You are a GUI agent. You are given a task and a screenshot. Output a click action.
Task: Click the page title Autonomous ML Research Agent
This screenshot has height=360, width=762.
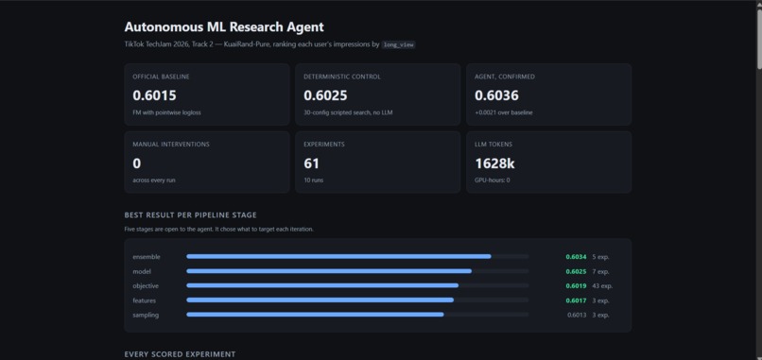click(224, 27)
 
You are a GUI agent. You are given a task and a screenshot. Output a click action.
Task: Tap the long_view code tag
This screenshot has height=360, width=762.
click(399, 44)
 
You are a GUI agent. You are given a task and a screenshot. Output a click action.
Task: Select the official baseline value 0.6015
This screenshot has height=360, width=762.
click(154, 95)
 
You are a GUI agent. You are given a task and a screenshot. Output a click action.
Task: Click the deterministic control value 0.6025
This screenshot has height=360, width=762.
click(325, 95)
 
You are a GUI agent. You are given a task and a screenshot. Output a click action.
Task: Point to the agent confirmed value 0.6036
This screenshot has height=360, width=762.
click(496, 95)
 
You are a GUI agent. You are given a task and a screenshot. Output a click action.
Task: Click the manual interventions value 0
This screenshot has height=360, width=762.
click(136, 163)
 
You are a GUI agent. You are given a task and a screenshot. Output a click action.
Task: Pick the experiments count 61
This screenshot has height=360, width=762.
click(311, 163)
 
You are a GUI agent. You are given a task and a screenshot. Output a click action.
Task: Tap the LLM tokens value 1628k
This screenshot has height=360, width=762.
click(494, 163)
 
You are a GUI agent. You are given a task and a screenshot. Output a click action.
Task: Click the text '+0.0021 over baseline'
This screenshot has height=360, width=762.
click(504, 112)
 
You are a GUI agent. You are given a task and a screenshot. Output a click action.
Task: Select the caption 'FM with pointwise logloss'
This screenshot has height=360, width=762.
click(166, 112)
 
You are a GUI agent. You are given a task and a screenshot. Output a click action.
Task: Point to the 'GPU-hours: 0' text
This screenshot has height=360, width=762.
click(493, 180)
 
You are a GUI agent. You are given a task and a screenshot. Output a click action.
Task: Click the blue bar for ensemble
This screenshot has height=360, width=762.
click(338, 256)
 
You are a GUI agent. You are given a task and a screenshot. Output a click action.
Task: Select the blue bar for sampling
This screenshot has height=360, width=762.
click(315, 315)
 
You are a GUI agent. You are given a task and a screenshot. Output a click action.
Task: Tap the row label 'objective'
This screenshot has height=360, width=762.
click(146, 286)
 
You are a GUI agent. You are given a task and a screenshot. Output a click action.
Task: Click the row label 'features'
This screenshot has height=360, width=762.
click(145, 300)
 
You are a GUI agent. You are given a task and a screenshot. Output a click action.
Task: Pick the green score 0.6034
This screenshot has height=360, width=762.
click(576, 257)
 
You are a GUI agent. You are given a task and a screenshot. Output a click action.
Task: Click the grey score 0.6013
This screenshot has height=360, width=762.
click(577, 316)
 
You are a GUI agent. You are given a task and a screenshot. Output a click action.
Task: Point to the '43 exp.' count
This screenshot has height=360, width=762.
click(602, 286)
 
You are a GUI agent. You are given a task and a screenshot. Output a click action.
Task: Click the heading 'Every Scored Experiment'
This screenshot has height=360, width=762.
click(180, 354)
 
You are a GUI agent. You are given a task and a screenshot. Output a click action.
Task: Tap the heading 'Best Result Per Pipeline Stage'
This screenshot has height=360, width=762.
click(191, 215)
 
